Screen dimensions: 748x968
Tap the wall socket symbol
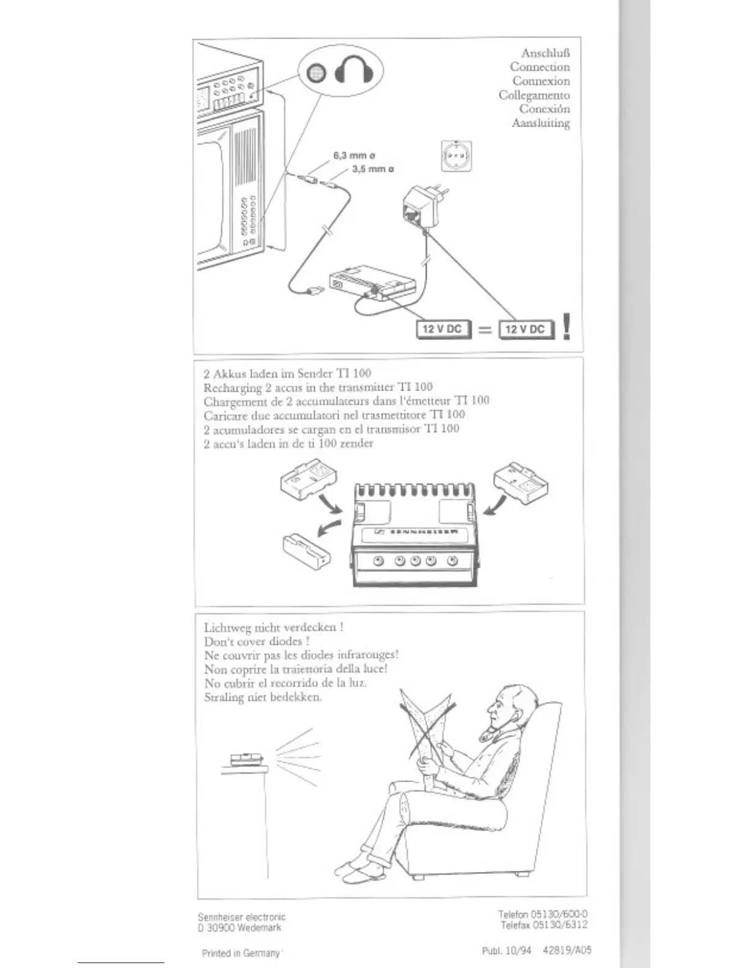click(456, 156)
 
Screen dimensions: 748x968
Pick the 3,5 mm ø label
click(373, 169)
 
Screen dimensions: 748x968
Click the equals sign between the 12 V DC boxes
click(485, 330)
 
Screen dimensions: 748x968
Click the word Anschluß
click(545, 53)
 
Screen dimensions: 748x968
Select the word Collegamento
click(533, 95)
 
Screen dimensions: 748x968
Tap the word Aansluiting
click(541, 123)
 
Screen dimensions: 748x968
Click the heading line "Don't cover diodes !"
click(257, 641)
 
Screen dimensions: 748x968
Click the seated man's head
click(507, 709)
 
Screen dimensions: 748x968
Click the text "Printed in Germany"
click(241, 953)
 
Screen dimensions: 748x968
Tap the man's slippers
click(357, 871)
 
